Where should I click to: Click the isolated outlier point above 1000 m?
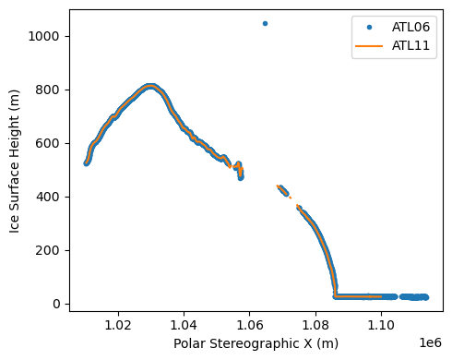point(265,23)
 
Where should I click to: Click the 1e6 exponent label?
point(430,342)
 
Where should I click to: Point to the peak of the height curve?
point(149,87)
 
